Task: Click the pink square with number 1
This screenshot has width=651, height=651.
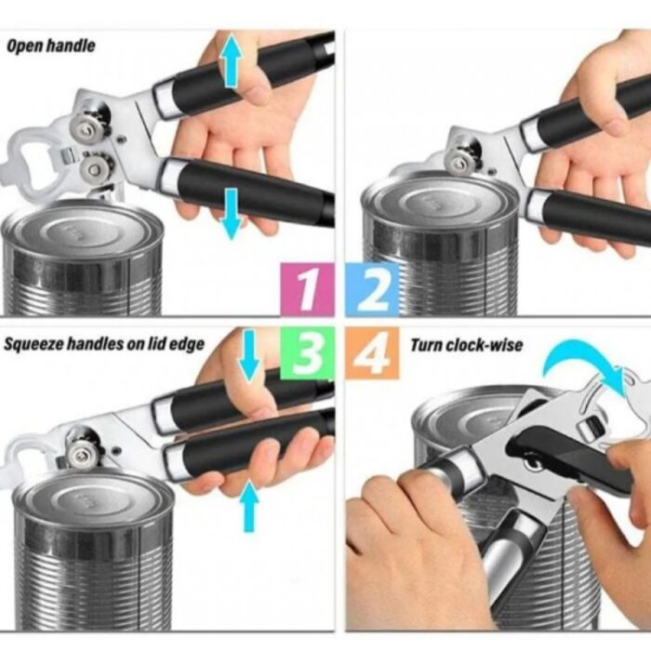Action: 307,289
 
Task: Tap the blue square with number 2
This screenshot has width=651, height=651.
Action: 372,289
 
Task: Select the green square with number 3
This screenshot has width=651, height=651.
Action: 307,352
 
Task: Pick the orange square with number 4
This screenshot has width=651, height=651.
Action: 372,352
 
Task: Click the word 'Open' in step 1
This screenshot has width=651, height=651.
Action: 24,46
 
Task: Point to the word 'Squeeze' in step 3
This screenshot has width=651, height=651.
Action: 33,344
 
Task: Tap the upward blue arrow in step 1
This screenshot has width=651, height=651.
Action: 232,60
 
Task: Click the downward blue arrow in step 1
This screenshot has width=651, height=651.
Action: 232,214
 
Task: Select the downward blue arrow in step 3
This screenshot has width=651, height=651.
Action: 249,355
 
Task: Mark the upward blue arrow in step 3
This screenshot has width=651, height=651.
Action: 249,506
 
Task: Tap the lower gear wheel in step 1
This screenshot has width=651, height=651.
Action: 97,167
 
